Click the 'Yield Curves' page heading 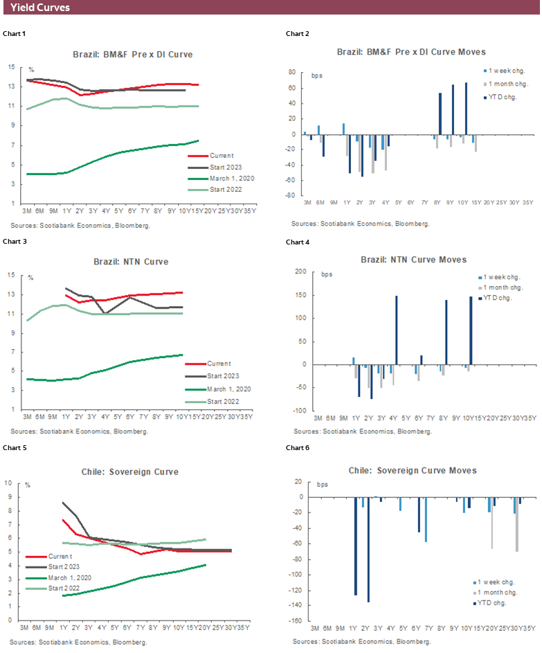pos(40,8)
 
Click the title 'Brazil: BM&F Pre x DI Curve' pos(133,53)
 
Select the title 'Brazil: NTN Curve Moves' pos(413,260)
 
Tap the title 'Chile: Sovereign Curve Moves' pos(413,470)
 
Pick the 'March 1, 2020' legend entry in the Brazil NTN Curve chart pos(228,388)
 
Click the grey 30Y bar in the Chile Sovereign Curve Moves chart pos(517,524)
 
